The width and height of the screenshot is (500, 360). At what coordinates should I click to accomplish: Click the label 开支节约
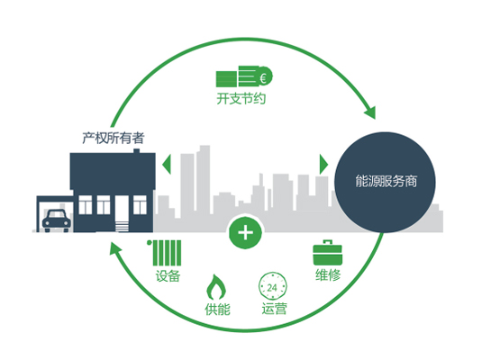[x=241, y=98]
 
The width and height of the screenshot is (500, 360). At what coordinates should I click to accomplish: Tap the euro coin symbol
[x=264, y=76]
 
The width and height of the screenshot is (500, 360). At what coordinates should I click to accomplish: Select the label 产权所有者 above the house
[x=114, y=138]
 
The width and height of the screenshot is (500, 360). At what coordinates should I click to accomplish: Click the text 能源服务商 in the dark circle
[x=386, y=181]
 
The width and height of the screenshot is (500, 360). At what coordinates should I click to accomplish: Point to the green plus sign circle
[x=246, y=232]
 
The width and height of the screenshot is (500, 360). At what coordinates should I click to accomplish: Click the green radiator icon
[x=164, y=253]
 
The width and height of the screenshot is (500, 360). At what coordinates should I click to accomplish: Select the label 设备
[x=168, y=275]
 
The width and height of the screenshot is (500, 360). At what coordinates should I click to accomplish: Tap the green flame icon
[x=216, y=286]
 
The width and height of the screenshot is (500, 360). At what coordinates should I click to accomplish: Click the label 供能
[x=217, y=309]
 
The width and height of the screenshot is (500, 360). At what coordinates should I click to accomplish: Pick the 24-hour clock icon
[x=273, y=286]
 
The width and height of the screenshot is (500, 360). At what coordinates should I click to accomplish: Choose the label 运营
[x=274, y=309]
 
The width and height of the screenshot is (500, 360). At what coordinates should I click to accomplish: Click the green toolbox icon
[x=328, y=252]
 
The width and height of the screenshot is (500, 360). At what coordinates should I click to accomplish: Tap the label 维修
[x=328, y=274]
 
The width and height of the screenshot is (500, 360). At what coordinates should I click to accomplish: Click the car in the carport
[x=57, y=220]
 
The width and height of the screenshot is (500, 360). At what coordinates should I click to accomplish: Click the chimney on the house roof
[x=136, y=150]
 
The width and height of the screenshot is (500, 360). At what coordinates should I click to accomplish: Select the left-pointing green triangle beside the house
[x=167, y=165]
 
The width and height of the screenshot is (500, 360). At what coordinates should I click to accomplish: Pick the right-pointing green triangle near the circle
[x=323, y=165]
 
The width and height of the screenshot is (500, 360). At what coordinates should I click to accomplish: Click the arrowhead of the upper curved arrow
[x=370, y=112]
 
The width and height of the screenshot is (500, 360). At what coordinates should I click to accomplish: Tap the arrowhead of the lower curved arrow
[x=115, y=248]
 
